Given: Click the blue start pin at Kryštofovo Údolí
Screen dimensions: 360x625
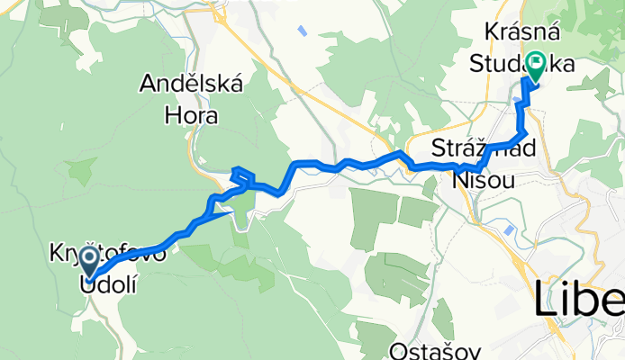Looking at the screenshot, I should [x=90, y=262].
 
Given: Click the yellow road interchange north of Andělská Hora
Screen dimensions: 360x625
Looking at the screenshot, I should [x=217, y=13].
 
